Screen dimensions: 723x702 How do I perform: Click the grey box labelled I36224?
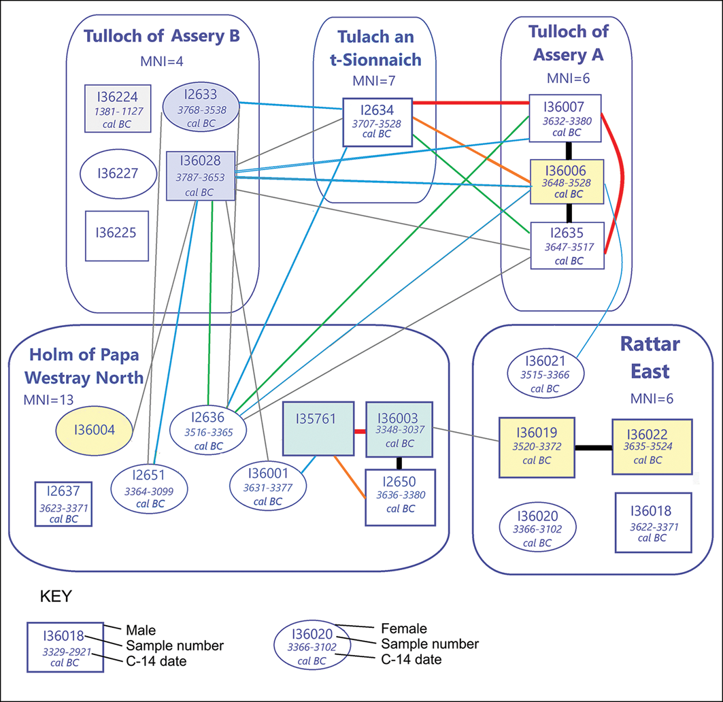click(x=118, y=108)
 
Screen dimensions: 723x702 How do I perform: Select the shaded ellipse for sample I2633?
click(x=201, y=107)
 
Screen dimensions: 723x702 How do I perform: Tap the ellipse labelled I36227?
click(x=118, y=174)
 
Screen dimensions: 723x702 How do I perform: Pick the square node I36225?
click(x=117, y=235)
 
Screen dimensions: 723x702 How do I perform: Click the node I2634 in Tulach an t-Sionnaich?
click(x=377, y=122)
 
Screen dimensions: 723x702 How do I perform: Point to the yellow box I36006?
click(x=567, y=182)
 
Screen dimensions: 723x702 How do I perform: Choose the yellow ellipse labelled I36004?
click(x=94, y=431)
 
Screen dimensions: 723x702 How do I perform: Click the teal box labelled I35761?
click(x=318, y=429)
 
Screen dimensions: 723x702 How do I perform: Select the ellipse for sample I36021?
click(x=545, y=373)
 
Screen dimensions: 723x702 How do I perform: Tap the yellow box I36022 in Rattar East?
click(x=652, y=446)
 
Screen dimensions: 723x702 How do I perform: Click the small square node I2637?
click(x=64, y=503)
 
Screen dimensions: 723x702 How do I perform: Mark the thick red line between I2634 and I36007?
click(x=471, y=103)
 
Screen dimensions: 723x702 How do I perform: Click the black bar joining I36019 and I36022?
click(x=594, y=448)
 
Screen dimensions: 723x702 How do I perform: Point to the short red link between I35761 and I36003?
click(x=360, y=432)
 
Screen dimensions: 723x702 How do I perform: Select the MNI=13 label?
click(x=48, y=400)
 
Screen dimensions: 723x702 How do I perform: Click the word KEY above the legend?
click(x=56, y=597)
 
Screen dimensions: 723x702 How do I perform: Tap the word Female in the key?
click(x=404, y=629)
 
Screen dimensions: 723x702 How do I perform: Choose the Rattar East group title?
click(x=650, y=357)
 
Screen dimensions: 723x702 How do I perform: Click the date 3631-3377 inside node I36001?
click(x=268, y=488)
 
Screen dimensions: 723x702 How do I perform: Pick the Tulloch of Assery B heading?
click(x=162, y=36)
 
